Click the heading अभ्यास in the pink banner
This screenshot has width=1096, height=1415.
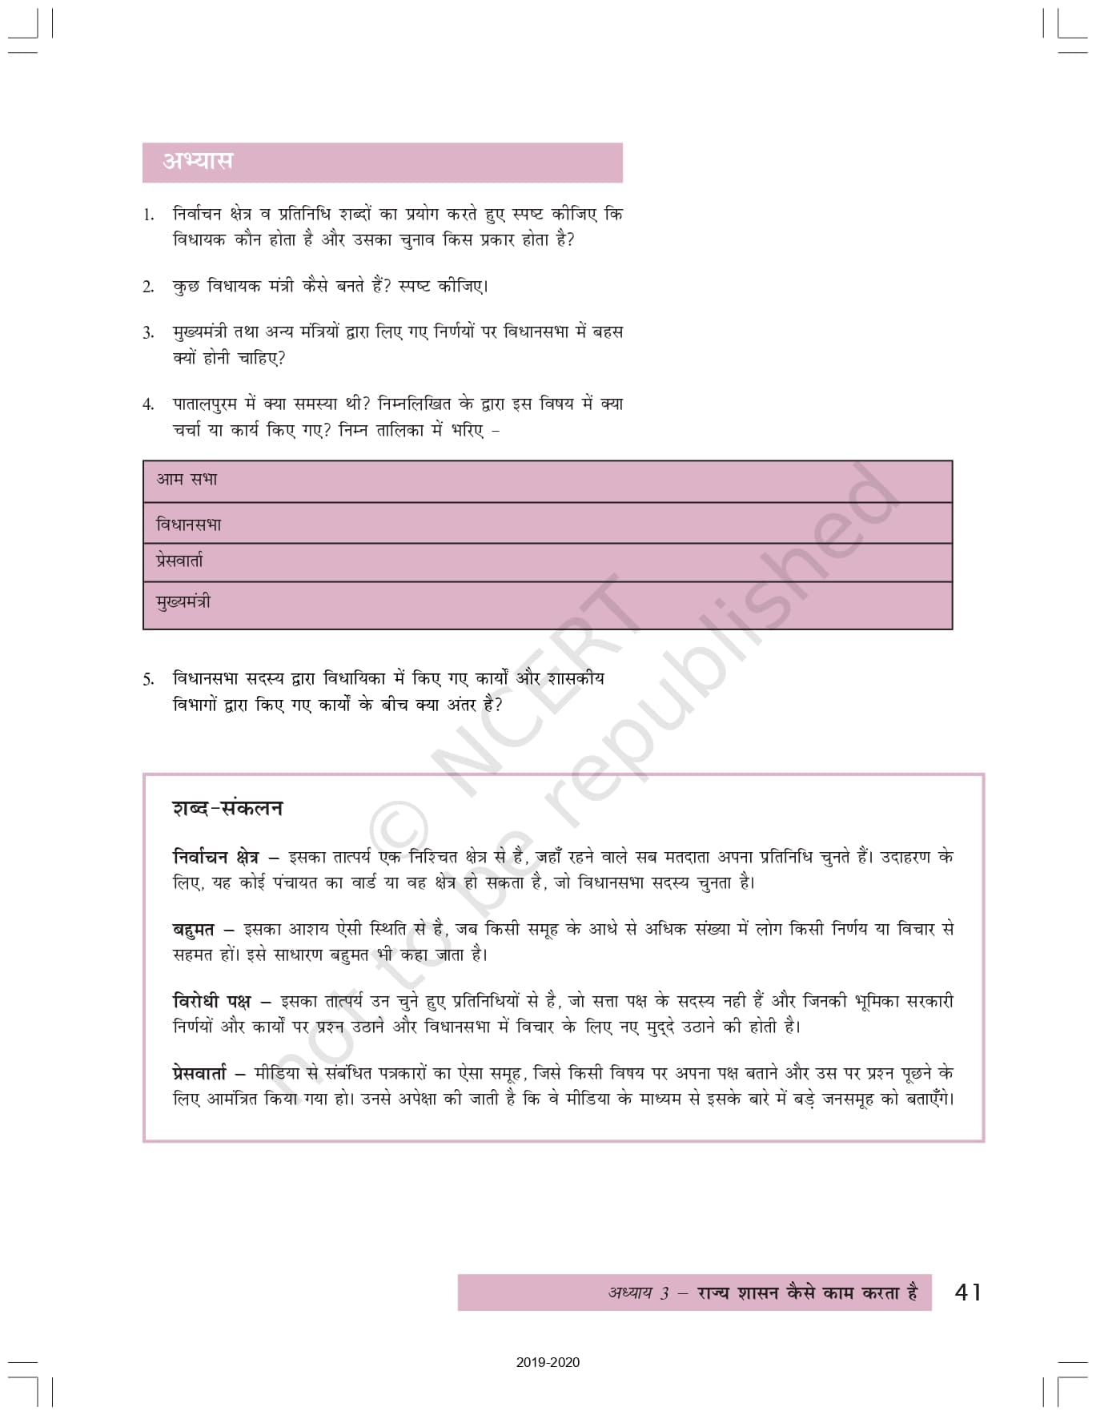(x=198, y=161)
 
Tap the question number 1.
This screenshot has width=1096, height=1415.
(x=148, y=215)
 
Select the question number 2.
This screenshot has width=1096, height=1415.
(x=148, y=287)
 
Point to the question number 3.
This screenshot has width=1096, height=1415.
(x=148, y=332)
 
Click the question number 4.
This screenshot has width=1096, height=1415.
(x=148, y=404)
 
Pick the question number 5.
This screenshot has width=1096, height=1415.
(x=148, y=680)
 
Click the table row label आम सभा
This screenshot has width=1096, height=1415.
(x=187, y=480)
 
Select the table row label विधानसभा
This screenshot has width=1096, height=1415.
(x=188, y=525)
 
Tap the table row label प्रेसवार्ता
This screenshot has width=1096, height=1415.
(x=179, y=561)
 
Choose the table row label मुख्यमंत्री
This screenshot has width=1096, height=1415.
(x=183, y=601)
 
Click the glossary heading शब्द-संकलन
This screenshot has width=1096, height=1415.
(x=227, y=808)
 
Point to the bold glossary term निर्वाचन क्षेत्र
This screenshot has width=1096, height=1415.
(x=215, y=857)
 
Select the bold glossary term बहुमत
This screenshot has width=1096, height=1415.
(x=194, y=930)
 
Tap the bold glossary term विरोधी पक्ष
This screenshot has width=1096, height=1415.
(x=211, y=1001)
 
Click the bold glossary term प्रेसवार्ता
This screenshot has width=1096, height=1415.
(x=199, y=1073)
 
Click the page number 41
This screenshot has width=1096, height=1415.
(x=968, y=1292)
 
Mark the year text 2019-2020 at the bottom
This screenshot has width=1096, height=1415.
(x=548, y=1362)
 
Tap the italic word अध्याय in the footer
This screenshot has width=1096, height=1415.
(x=630, y=1293)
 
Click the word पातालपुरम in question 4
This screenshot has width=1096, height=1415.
(x=205, y=404)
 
